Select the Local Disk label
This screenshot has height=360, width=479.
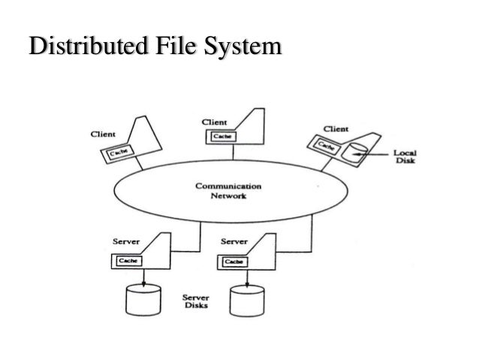point(405,155)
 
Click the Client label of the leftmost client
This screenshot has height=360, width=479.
point(102,134)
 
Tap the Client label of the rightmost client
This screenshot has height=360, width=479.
point(335,128)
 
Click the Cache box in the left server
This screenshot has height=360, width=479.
point(126,260)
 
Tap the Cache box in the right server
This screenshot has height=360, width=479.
point(233,260)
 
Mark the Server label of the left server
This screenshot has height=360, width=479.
point(125,242)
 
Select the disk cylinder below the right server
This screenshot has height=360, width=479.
point(248,301)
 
